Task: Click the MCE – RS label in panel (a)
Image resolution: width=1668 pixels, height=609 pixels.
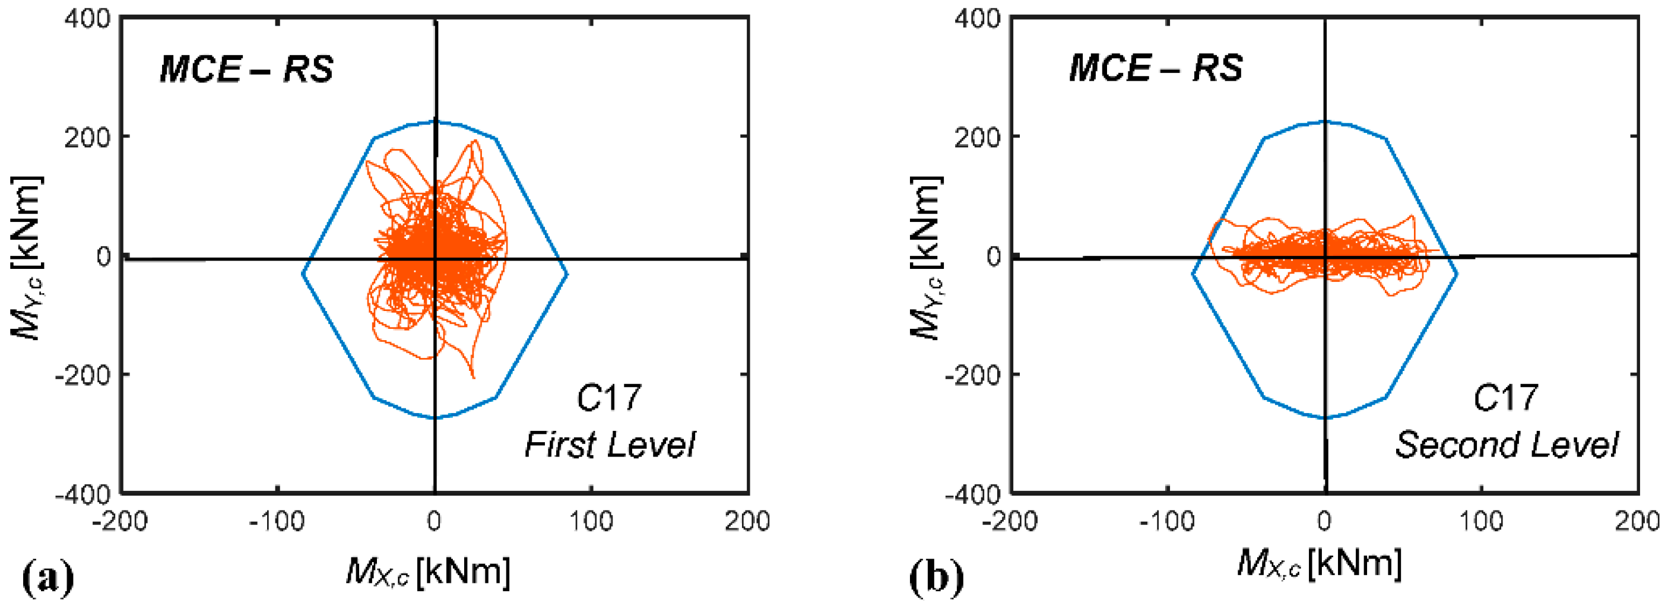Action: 246,69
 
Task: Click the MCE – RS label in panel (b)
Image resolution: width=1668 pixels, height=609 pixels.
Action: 1155,67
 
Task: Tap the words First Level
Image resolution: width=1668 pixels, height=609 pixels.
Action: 609,445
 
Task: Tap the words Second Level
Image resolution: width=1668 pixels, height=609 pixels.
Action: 1506,445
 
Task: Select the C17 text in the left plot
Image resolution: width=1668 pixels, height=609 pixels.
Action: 608,397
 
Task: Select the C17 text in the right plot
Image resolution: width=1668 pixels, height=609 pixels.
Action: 1505,397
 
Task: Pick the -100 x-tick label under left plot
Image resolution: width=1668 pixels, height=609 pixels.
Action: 277,521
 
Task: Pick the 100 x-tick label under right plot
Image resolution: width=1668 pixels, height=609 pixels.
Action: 1482,521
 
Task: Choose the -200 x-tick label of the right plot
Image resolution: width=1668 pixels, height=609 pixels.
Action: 1010,521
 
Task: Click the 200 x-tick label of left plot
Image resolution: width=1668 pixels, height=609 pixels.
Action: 747,521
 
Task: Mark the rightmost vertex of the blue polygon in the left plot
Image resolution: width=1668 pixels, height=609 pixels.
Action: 567,274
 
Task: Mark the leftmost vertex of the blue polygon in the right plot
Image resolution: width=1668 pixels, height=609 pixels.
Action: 1193,274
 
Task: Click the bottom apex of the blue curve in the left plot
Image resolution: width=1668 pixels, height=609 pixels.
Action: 435,418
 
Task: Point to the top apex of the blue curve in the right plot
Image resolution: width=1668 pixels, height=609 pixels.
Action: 1325,121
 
